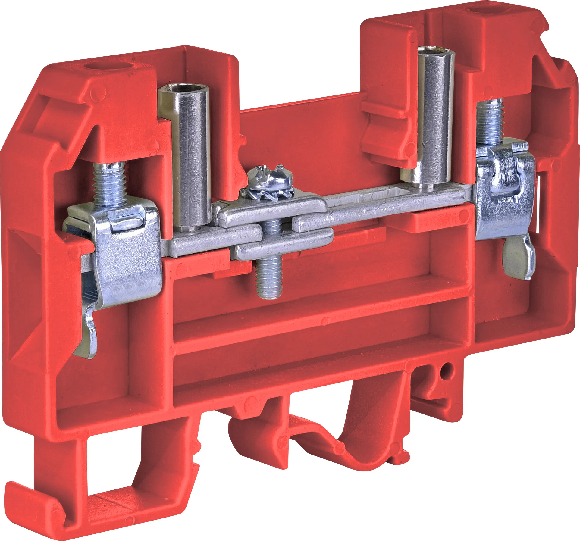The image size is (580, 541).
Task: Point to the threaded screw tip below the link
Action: (269, 280)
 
